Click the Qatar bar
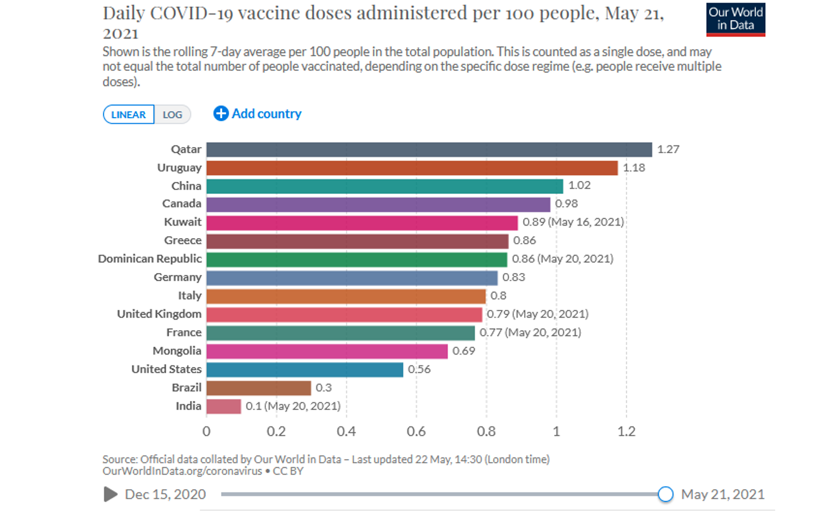tap(429, 149)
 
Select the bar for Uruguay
tap(412, 168)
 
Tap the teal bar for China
tap(384, 186)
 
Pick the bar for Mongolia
tap(327, 351)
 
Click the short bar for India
tap(223, 406)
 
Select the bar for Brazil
tap(258, 388)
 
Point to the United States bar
tap(304, 369)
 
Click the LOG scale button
tap(172, 115)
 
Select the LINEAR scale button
tap(128, 115)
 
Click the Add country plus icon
tap(221, 114)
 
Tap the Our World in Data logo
tap(735, 19)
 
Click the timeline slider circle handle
tap(665, 494)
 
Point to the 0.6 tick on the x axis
tap(416, 431)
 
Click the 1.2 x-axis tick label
tap(626, 431)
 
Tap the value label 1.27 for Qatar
tap(668, 149)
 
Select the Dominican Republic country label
tap(150, 259)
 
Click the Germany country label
tap(178, 277)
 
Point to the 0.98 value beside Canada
tap(566, 204)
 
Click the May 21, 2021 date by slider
tap(722, 494)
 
